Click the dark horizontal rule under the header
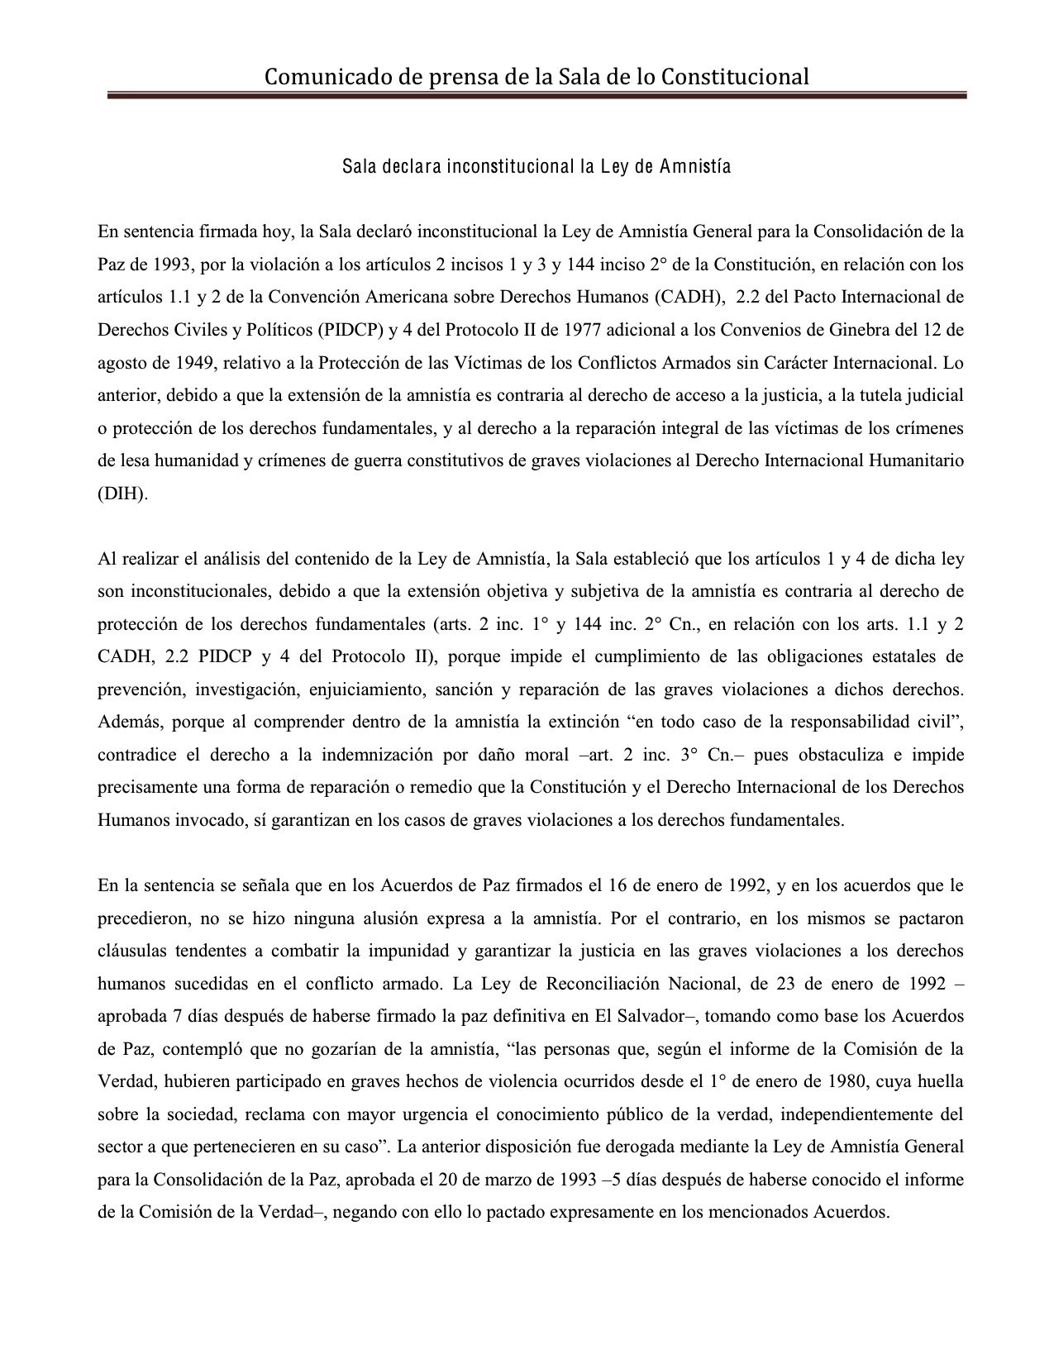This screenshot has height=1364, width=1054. pos(537,97)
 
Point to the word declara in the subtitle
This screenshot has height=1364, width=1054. pos(408,167)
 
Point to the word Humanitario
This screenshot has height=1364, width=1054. pos(915,461)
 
